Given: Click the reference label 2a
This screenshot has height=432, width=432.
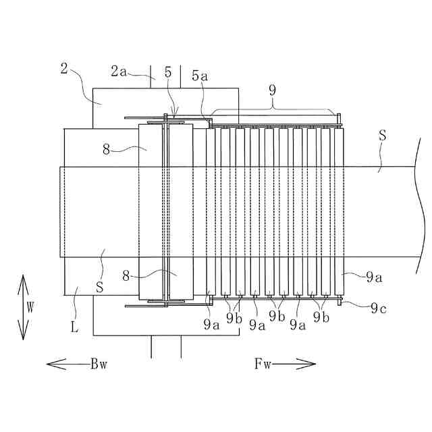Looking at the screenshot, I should click(119, 70).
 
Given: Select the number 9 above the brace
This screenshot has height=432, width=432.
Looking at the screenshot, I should click(272, 88).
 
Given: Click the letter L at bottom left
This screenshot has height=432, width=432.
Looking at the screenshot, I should click(76, 329).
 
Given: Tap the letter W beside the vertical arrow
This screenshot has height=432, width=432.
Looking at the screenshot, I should click(30, 306).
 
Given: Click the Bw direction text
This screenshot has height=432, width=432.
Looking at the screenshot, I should click(99, 364).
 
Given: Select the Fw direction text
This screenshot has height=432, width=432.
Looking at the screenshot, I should click(263, 364).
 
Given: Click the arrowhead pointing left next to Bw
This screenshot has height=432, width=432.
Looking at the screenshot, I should click(51, 364).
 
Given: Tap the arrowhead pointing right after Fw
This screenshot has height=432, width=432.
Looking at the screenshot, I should click(312, 364).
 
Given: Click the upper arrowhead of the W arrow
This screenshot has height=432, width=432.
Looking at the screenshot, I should click(22, 277).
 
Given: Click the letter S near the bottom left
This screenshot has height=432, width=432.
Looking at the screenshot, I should click(99, 286).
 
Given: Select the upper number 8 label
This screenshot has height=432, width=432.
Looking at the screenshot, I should click(107, 150).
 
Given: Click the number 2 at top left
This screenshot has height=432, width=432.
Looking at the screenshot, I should click(63, 67).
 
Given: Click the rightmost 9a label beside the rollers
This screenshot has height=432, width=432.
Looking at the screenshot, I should click(374, 275).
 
